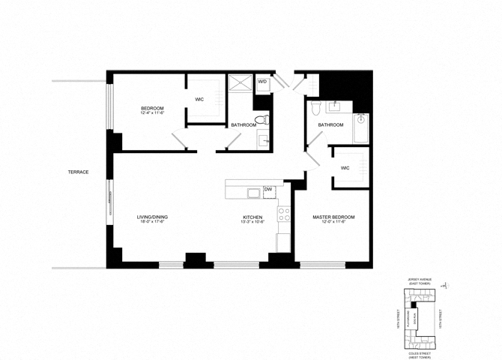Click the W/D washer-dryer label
coord(263,82)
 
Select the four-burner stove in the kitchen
coord(284,217)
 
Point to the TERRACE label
coord(79,172)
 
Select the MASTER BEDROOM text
coord(333,217)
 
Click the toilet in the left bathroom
coord(261,120)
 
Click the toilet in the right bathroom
coord(317,106)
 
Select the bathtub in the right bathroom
coord(361,128)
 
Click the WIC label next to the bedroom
coord(200,98)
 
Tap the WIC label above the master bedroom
coord(345,168)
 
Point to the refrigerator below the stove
coord(284,242)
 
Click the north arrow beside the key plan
coord(445,285)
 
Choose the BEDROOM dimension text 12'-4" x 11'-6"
coord(152,114)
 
